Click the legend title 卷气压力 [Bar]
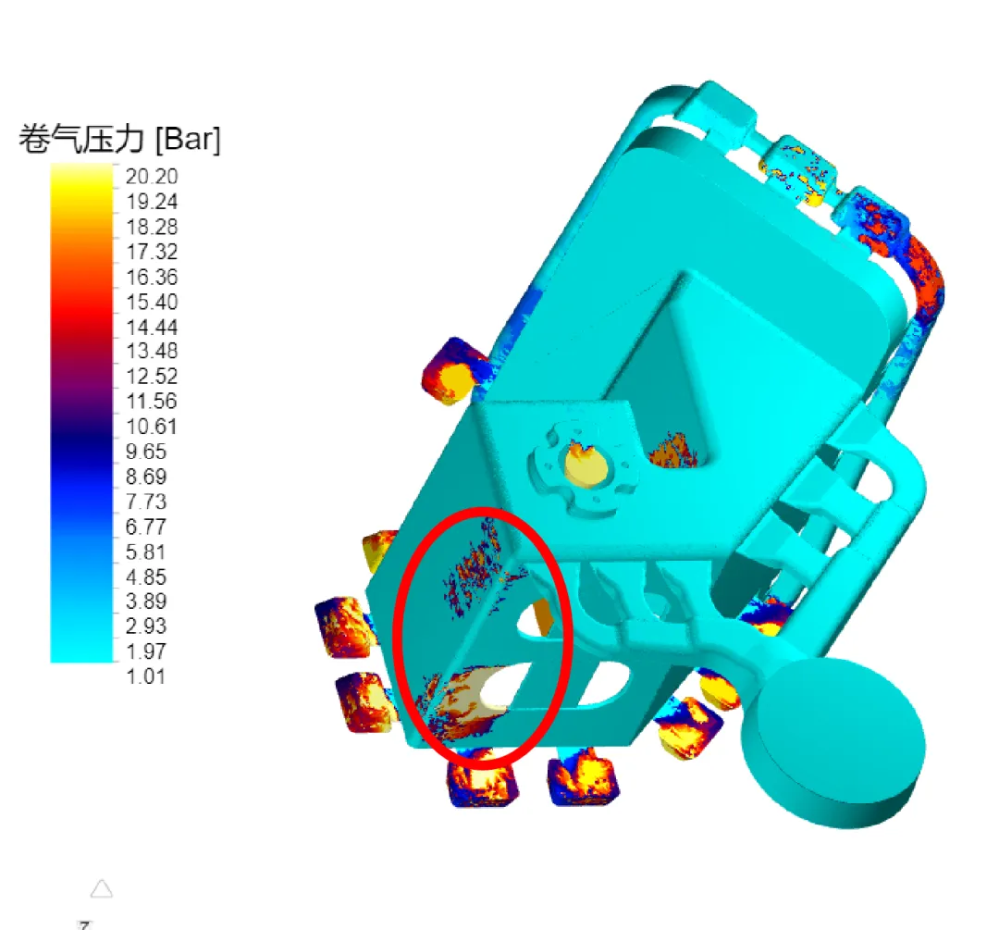[119, 138]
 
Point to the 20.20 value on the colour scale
[152, 177]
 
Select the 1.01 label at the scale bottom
[146, 676]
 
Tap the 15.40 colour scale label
[152, 303]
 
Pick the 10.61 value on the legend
[152, 427]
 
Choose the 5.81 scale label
[146, 552]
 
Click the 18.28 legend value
[152, 227]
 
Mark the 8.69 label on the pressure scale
[146, 477]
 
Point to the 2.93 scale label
[146, 626]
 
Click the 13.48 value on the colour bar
[152, 351]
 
